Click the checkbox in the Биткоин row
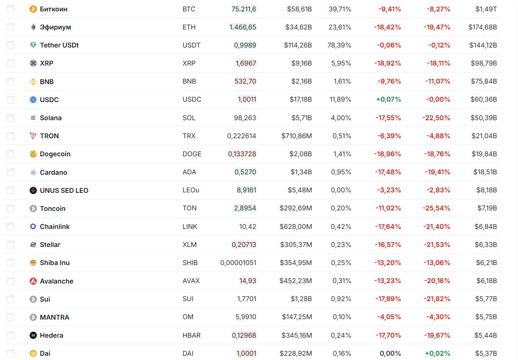tap(10, 9)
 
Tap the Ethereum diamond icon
tap(33, 27)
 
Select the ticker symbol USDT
tap(191, 45)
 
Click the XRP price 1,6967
tap(246, 63)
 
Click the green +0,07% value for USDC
tap(388, 100)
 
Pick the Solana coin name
tap(51, 118)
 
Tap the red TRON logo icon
tap(33, 136)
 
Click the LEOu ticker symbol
tap(191, 190)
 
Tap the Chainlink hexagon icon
tap(33, 227)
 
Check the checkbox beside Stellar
tap(10, 245)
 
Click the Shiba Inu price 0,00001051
tap(238, 263)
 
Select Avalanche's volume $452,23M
tap(296, 281)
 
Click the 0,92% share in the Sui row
tap(341, 299)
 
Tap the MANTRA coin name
tap(55, 317)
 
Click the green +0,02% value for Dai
tap(437, 353)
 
